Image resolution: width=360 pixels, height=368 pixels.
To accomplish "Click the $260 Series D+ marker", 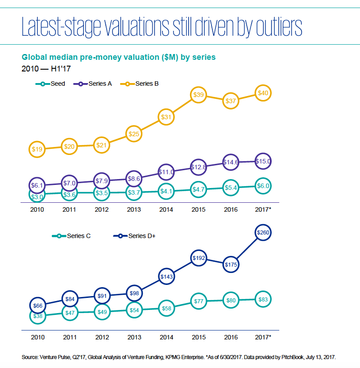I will [263, 233].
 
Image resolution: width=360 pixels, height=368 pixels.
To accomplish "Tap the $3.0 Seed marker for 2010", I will [37, 196].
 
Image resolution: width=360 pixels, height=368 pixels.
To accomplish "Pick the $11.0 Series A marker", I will [166, 171].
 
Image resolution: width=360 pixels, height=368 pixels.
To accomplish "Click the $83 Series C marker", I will [263, 300].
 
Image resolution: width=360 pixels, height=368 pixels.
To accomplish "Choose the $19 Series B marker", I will [37, 149].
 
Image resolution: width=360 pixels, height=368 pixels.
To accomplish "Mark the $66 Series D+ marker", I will [37, 305].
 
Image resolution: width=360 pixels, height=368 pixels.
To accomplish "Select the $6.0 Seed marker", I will [263, 186].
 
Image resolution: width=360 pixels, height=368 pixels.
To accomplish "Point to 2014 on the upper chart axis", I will [166, 209].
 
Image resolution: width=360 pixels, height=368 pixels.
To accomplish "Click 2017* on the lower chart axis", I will [263, 337].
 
